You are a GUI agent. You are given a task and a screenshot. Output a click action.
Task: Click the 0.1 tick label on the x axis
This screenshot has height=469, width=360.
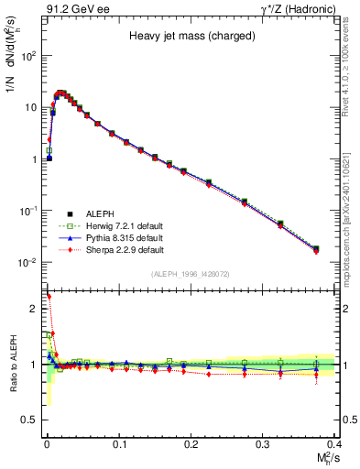[x=119, y=443]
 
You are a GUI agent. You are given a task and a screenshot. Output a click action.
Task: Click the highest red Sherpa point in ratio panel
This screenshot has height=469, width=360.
[x=49, y=296]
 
